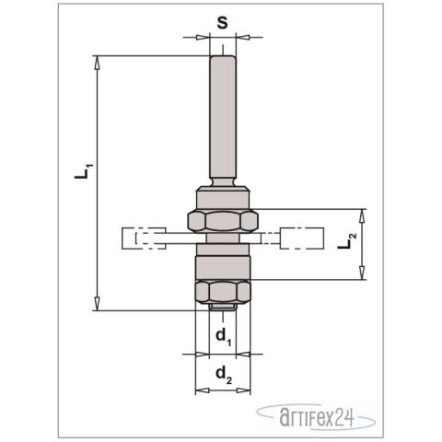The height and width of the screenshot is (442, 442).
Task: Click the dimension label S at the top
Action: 222,21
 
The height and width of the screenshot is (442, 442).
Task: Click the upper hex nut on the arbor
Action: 222,220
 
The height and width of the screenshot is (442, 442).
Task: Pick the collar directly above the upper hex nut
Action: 222,200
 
